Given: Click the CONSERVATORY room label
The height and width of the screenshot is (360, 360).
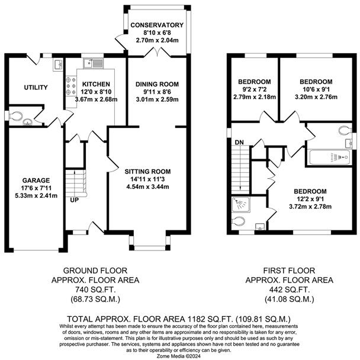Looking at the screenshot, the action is coord(157,25).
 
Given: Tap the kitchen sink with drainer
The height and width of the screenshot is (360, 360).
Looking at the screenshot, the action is coord(94,63).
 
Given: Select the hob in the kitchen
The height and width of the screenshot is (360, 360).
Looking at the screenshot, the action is coord(71,86).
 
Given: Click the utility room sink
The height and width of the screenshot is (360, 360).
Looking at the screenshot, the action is coord(57,65).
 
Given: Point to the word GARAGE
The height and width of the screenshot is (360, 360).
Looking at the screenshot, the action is coord(36,181).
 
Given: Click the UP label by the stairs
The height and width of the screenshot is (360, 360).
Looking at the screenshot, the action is coord(75,200).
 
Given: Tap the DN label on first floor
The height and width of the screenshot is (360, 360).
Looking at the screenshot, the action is coord(239,142).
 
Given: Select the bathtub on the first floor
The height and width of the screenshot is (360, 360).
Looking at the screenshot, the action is coord(329,157).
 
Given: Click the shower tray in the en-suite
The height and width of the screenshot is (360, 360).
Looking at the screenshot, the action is coord(241,204).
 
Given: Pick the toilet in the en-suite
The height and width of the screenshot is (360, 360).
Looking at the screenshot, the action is coord(238,221).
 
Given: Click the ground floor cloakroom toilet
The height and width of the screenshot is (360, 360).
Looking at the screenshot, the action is coord(15,116).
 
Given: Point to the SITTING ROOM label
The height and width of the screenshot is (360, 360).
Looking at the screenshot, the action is coord(147,172).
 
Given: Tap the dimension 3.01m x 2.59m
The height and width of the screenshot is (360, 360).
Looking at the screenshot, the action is coord(157,99).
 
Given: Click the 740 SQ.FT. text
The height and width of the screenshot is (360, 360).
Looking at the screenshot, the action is coord(95,290).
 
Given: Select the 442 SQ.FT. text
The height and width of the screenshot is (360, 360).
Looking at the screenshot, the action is coord(290,290).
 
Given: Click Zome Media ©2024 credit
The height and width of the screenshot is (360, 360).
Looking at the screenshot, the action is coord(179,356).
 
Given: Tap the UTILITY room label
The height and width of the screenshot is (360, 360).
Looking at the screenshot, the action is coord(36,88).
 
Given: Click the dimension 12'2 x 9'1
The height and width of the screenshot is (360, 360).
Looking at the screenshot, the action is coord(310,199).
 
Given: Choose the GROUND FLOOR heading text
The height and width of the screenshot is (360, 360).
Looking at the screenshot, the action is coord(95,271).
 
